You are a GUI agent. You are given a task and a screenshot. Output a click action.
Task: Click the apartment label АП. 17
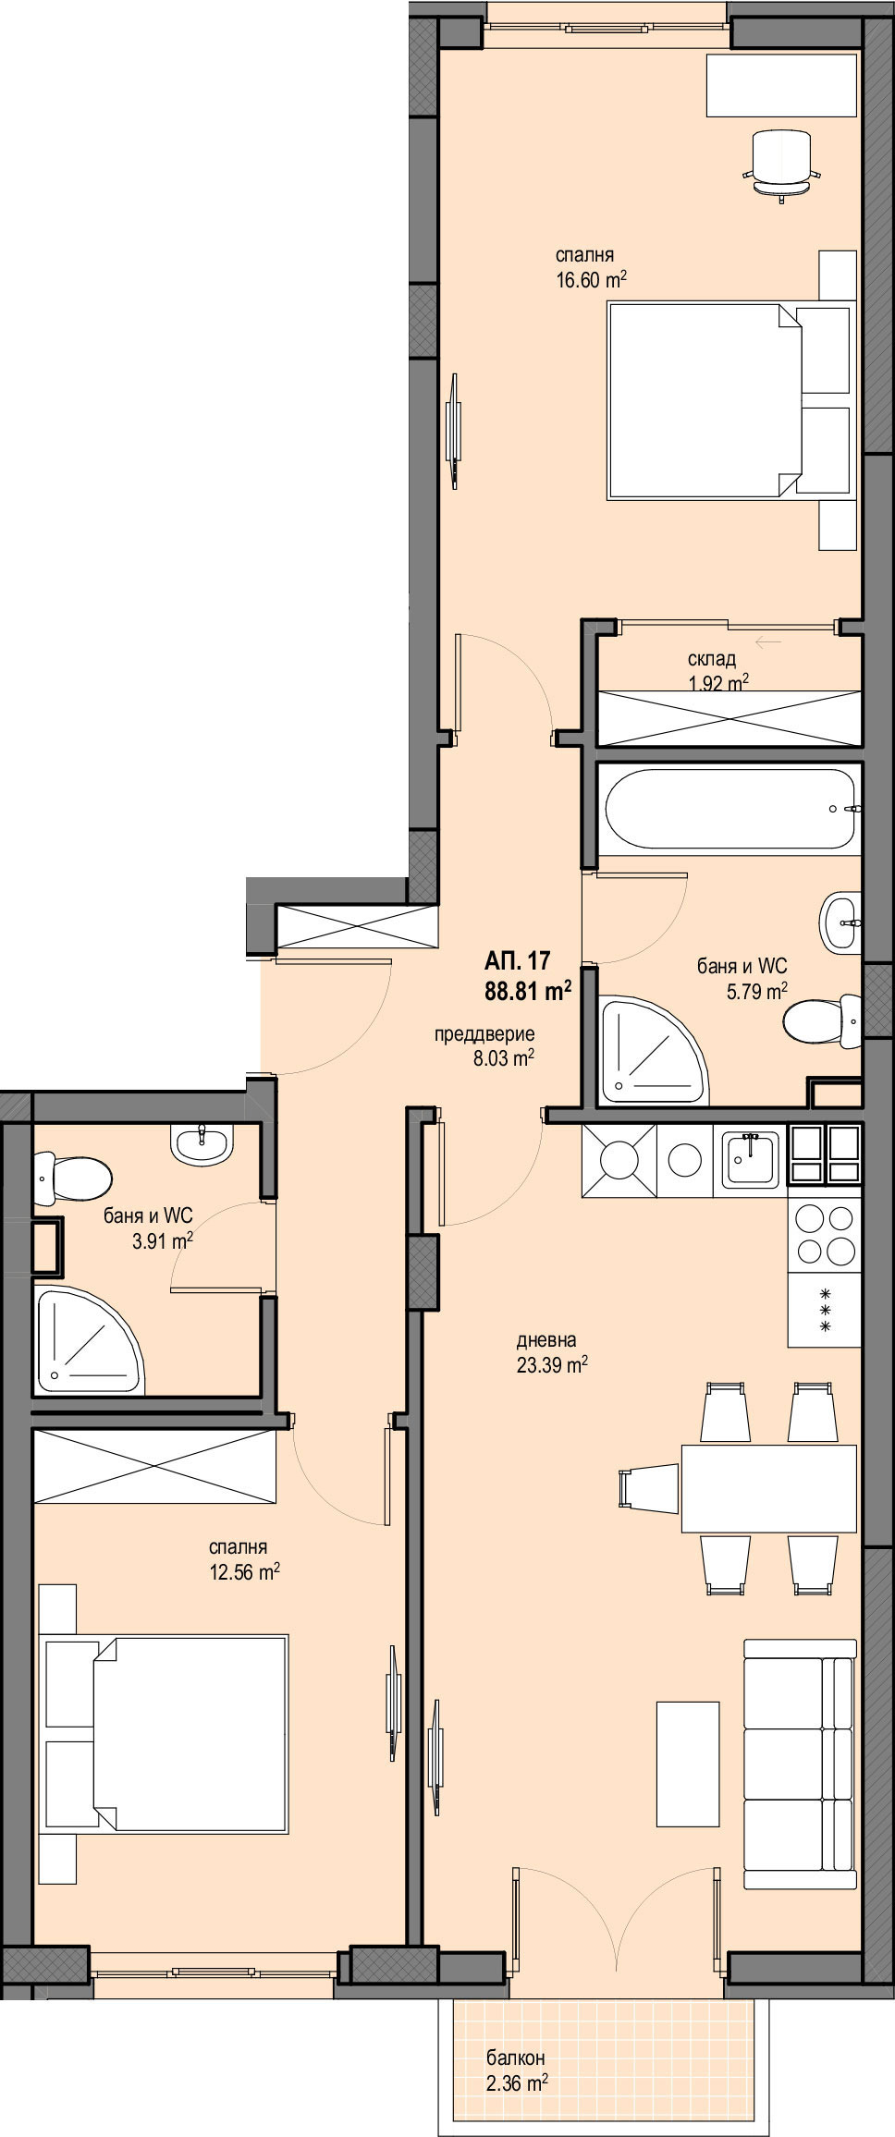(x=518, y=959)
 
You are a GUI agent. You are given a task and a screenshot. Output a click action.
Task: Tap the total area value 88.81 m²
(x=528, y=992)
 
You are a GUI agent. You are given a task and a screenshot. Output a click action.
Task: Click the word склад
(x=712, y=659)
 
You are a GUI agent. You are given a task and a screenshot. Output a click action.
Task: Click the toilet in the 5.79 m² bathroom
(x=822, y=1023)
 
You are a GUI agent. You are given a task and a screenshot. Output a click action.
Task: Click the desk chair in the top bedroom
(x=782, y=163)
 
